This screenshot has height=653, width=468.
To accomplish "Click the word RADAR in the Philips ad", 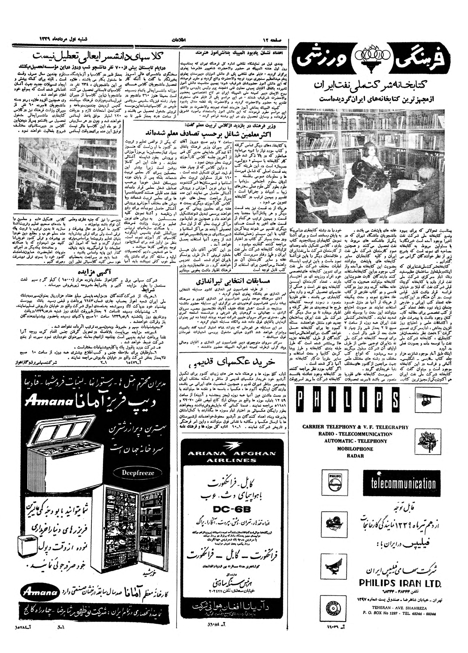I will (x=355, y=456).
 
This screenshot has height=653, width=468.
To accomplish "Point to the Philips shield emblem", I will (x=334, y=483).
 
